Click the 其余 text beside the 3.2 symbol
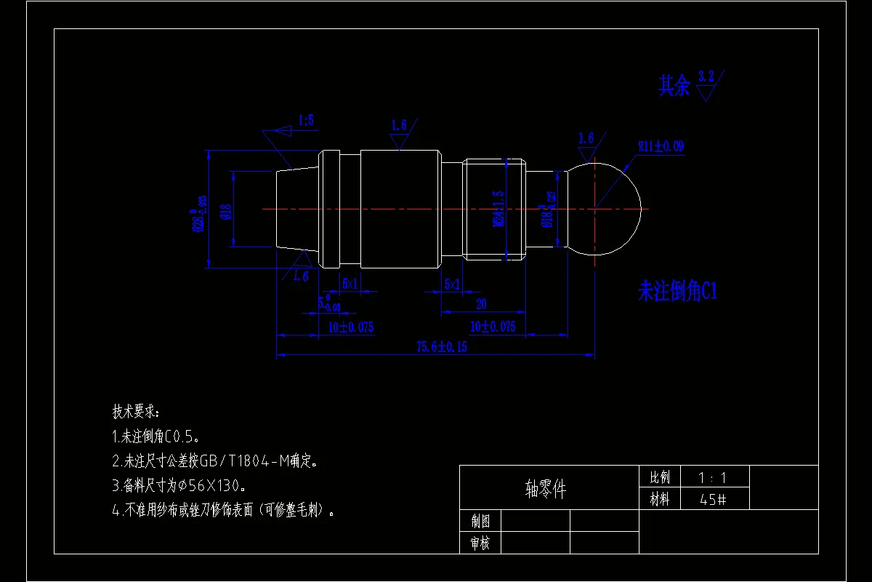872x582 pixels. tap(674, 87)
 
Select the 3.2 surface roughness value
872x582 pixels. tap(706, 76)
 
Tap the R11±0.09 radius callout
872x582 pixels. tap(661, 146)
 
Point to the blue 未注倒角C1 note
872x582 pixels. tap(677, 292)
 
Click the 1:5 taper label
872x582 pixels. tap(306, 121)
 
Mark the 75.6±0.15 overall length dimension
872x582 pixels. tap(441, 347)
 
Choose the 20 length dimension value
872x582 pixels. tap(480, 304)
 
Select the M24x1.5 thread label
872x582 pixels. tap(498, 209)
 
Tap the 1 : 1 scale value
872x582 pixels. tap(712, 478)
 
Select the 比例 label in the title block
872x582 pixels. tap(660, 478)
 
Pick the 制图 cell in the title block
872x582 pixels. tap(480, 521)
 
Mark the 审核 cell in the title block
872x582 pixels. tap(480, 543)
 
